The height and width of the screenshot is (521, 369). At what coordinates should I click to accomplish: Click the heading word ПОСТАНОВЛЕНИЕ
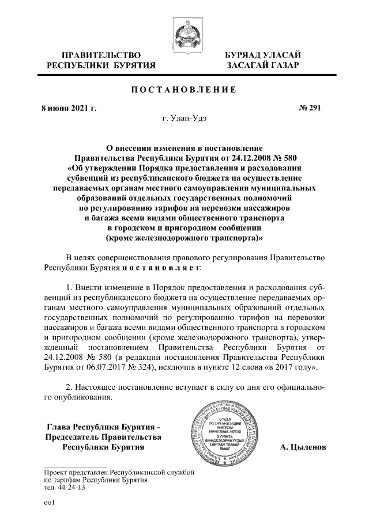point(184,90)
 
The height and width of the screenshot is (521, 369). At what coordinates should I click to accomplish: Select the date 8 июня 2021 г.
point(71,108)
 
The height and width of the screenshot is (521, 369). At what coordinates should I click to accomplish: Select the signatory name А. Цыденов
point(303,447)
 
